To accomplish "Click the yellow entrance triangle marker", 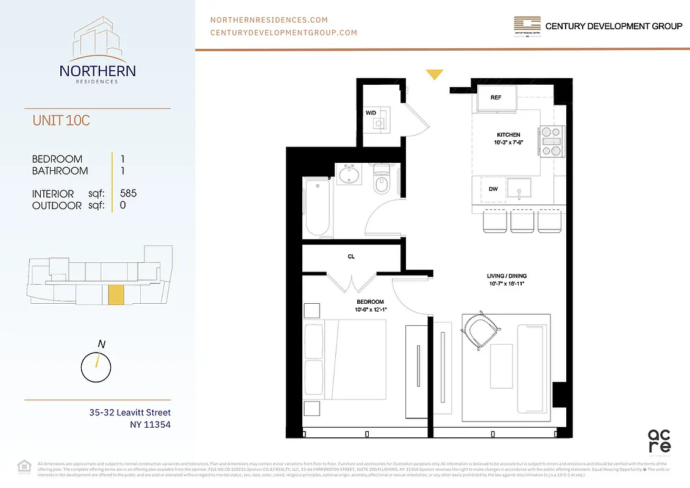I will (434, 74).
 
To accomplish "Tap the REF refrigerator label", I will (496, 97).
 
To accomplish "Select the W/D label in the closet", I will (371, 113).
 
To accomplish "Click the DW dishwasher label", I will (493, 189).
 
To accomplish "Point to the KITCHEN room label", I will (508, 135).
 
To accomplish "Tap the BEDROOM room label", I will (370, 302).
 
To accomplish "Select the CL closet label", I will (351, 257).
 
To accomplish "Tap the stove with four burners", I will (551, 141).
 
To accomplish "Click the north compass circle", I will (96, 367).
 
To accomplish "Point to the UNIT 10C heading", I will (61, 120).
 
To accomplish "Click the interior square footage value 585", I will (129, 193).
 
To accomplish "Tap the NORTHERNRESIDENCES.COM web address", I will (269, 20).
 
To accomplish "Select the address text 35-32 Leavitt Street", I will (130, 413).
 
